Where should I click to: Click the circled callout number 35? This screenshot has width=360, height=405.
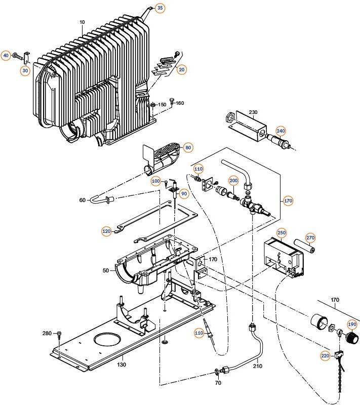(x=159, y=8)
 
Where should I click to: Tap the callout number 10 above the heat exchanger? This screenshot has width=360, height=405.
(x=83, y=22)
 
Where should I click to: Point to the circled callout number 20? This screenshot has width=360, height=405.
(x=182, y=69)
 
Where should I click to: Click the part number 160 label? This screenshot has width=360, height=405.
(x=179, y=103)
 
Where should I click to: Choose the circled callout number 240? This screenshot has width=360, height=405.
(x=279, y=130)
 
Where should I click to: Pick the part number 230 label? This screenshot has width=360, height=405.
(x=254, y=112)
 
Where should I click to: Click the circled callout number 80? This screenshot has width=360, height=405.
(x=188, y=148)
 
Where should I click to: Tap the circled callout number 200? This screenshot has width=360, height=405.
(x=233, y=181)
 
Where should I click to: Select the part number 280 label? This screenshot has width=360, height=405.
(x=47, y=333)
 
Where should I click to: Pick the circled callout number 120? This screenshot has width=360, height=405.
(x=106, y=231)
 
